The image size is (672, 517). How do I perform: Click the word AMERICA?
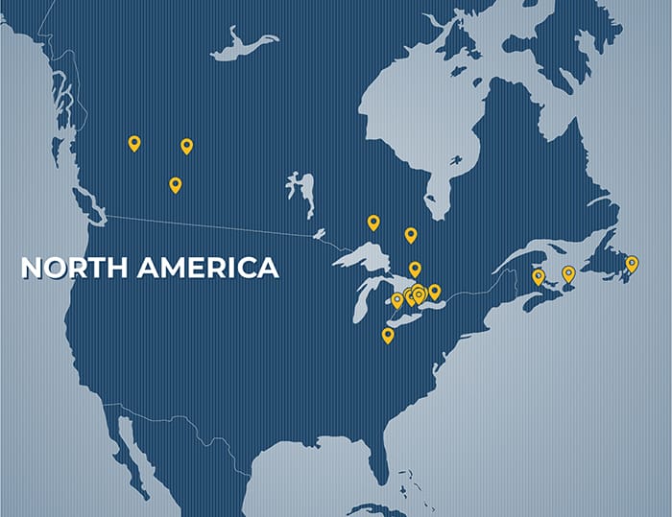tap(207, 268)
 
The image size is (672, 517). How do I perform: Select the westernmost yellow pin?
tap(134, 143)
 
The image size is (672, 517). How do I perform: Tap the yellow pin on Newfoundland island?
tap(632, 263)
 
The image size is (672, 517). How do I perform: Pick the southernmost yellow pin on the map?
tap(388, 335)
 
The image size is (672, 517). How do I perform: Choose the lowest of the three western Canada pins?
tap(175, 184)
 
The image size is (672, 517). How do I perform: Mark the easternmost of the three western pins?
tap(186, 146)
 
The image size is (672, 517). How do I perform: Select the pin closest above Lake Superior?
tap(373, 223)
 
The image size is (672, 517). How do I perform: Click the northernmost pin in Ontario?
tap(410, 235)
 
